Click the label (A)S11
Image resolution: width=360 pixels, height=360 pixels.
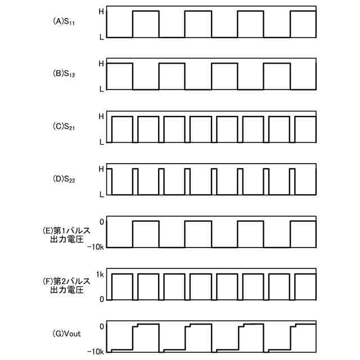[66, 22]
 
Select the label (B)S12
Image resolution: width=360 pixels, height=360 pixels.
[66, 74]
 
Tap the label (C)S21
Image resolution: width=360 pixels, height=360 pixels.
[66, 128]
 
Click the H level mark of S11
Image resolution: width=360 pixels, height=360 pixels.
[101, 11]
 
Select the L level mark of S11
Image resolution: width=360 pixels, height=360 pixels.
[101, 37]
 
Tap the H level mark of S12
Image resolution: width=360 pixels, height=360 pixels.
[101, 64]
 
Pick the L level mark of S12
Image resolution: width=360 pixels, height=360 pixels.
[101, 89]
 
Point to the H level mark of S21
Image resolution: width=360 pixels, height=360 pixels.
[101, 116]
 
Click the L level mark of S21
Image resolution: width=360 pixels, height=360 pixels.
[101, 142]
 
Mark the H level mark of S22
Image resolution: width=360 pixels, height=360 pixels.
[101, 169]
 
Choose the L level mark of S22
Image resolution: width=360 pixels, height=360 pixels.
[101, 195]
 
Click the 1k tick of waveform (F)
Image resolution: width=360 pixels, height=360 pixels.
[100, 274]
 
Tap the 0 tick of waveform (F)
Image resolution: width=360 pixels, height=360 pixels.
[101, 300]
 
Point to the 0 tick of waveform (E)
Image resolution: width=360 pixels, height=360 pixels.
[101, 222]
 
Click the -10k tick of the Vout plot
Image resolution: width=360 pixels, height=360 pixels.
[97, 352]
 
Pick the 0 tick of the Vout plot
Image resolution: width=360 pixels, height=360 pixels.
[101, 326]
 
